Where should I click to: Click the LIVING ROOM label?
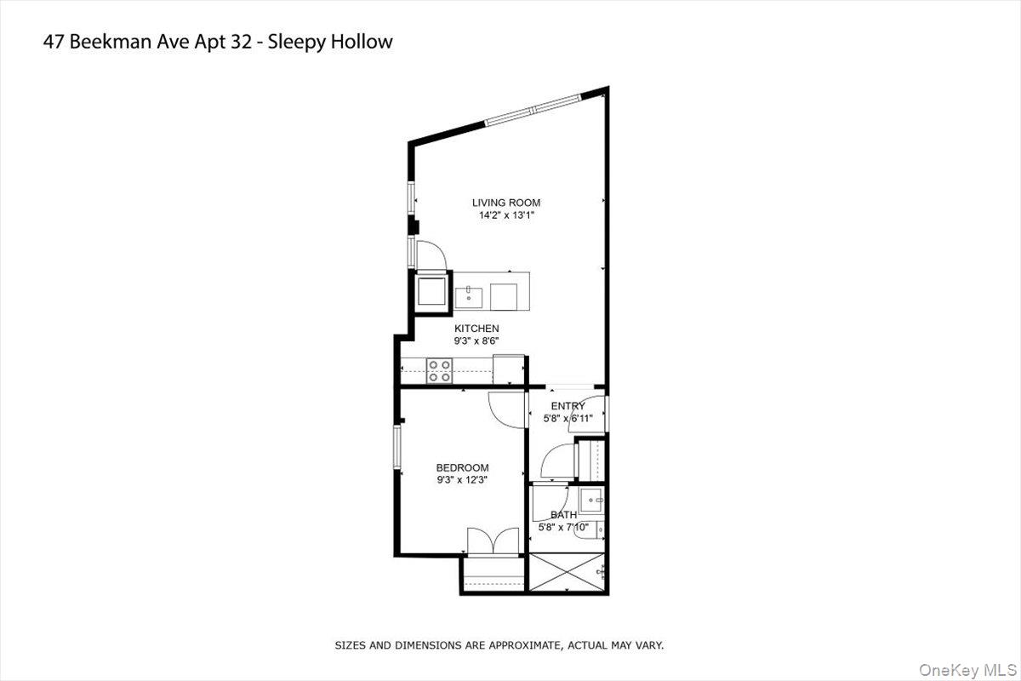tap(506, 203)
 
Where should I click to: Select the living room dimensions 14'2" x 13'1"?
tap(506, 215)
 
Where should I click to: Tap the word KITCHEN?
tap(476, 329)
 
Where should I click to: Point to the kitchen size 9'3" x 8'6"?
tap(476, 340)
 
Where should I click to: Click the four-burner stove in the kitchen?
tap(440, 370)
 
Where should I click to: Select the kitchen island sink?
tap(469, 296)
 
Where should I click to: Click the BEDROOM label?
tap(462, 467)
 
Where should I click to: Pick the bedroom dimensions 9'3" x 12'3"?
tap(462, 480)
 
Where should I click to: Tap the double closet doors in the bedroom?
tap(493, 541)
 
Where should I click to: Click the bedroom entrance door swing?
tap(508, 409)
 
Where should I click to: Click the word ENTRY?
tap(568, 406)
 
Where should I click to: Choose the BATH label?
tap(563, 515)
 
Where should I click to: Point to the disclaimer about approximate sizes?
tap(499, 645)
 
